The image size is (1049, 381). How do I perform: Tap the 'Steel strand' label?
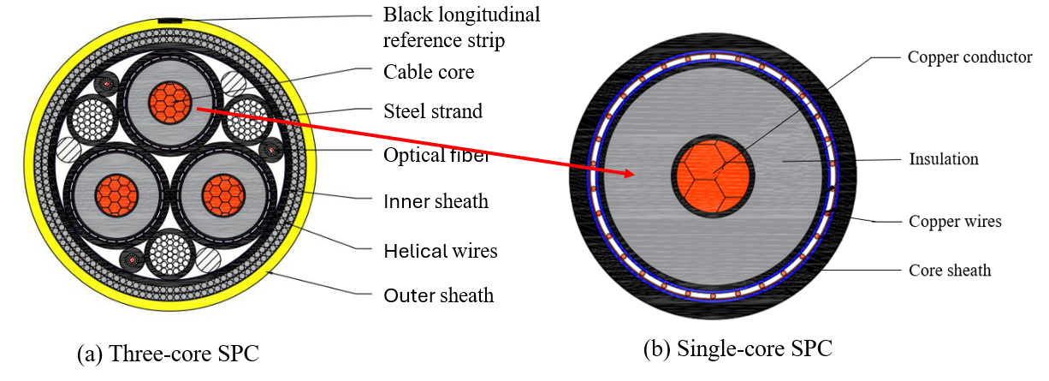coord(433,110)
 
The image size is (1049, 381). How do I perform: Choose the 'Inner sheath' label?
coord(436,202)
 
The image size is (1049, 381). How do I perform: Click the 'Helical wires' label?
coord(440,251)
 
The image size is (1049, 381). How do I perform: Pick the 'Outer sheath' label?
coord(438,295)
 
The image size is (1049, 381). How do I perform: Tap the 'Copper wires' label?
coord(954,221)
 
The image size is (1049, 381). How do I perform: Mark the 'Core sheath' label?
coord(949,271)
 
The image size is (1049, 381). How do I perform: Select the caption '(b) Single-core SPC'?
coord(737,348)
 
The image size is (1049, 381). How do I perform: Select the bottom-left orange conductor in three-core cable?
coord(114,193)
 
